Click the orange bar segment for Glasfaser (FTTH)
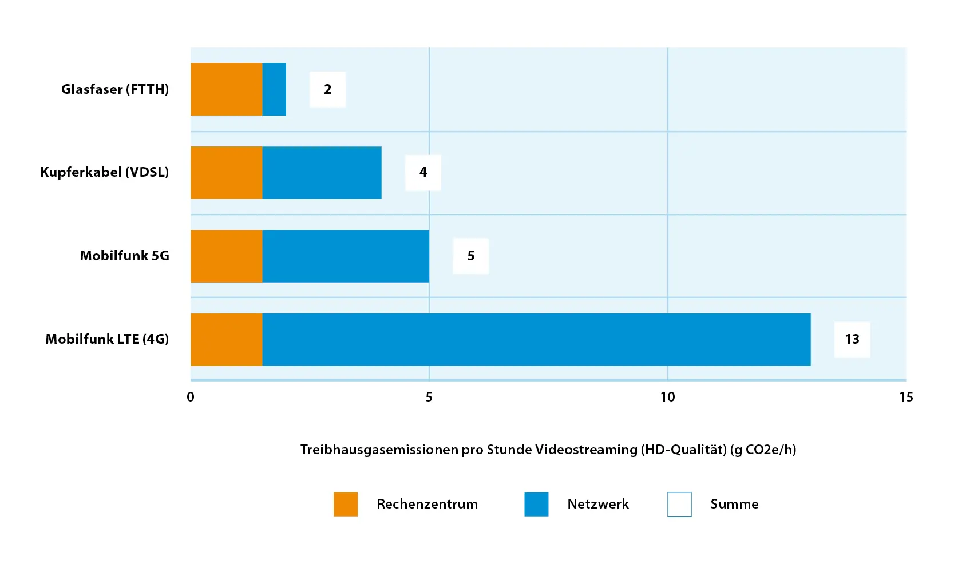(x=226, y=89)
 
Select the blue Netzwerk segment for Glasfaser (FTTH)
(x=274, y=89)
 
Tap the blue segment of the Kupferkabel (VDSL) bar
(x=322, y=173)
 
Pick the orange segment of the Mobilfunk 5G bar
(x=226, y=256)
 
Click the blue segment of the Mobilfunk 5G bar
(x=346, y=256)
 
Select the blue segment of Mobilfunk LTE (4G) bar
(x=537, y=340)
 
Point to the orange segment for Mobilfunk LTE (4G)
(x=226, y=340)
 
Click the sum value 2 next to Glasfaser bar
(x=327, y=89)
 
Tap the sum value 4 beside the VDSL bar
(x=423, y=172)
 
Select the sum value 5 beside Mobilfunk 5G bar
(x=470, y=256)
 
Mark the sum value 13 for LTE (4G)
(x=852, y=339)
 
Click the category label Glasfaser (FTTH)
(x=115, y=89)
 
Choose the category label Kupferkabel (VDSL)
(x=105, y=172)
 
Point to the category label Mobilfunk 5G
(x=125, y=256)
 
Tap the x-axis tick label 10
(x=668, y=397)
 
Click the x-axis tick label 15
(x=906, y=397)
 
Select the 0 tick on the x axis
(x=191, y=397)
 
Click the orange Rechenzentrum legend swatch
(x=346, y=505)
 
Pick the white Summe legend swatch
(x=679, y=505)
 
